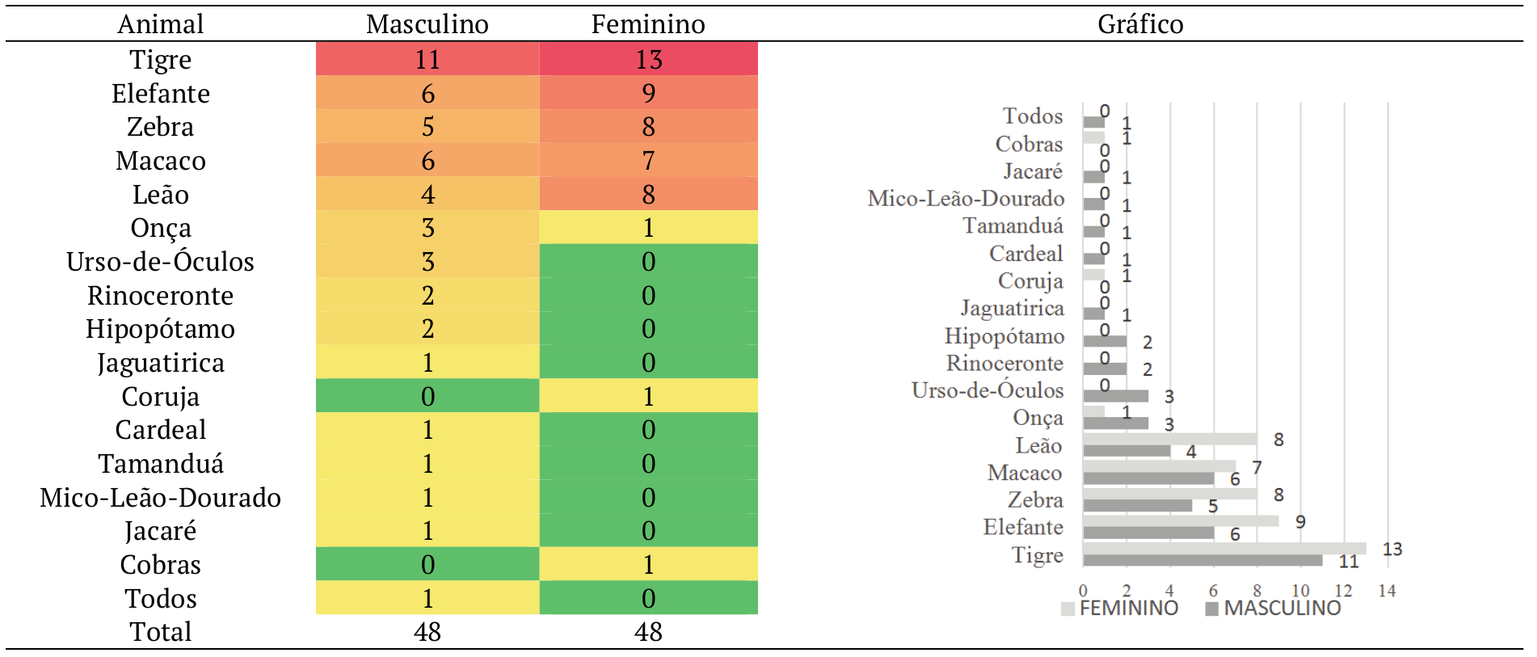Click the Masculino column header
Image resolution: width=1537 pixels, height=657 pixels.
tap(427, 24)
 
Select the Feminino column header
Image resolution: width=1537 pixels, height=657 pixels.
tap(648, 24)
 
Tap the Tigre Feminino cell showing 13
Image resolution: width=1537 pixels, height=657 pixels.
tap(648, 59)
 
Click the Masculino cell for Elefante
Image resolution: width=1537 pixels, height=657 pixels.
tap(427, 93)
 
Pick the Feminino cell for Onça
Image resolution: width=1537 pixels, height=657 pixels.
tap(648, 228)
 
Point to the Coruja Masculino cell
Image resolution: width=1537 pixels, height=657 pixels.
tap(427, 396)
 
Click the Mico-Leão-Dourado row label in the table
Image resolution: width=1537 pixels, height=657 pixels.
tap(160, 497)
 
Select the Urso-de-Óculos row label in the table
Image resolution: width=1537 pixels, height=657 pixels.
tap(160, 262)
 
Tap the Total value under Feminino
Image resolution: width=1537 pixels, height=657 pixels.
tap(648, 631)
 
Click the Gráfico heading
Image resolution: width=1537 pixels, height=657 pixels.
tap(1139, 24)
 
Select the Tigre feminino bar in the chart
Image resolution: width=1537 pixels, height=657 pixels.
tap(1223, 549)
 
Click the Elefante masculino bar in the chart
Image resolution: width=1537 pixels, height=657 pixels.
tap(1147, 533)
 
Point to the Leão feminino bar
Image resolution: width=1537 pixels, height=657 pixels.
tap(1169, 439)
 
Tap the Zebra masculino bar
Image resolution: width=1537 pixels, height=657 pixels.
tap(1137, 505)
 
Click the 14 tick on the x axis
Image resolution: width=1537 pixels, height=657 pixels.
tap(1387, 591)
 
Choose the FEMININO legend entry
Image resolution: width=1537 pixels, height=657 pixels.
tap(1121, 609)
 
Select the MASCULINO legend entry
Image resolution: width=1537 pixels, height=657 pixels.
tap(1274, 609)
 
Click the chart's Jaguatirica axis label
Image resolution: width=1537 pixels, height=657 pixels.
tap(1012, 308)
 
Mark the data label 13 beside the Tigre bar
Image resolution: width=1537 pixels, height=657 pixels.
tap(1392, 550)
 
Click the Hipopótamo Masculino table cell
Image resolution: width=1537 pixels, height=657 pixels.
tap(427, 329)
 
